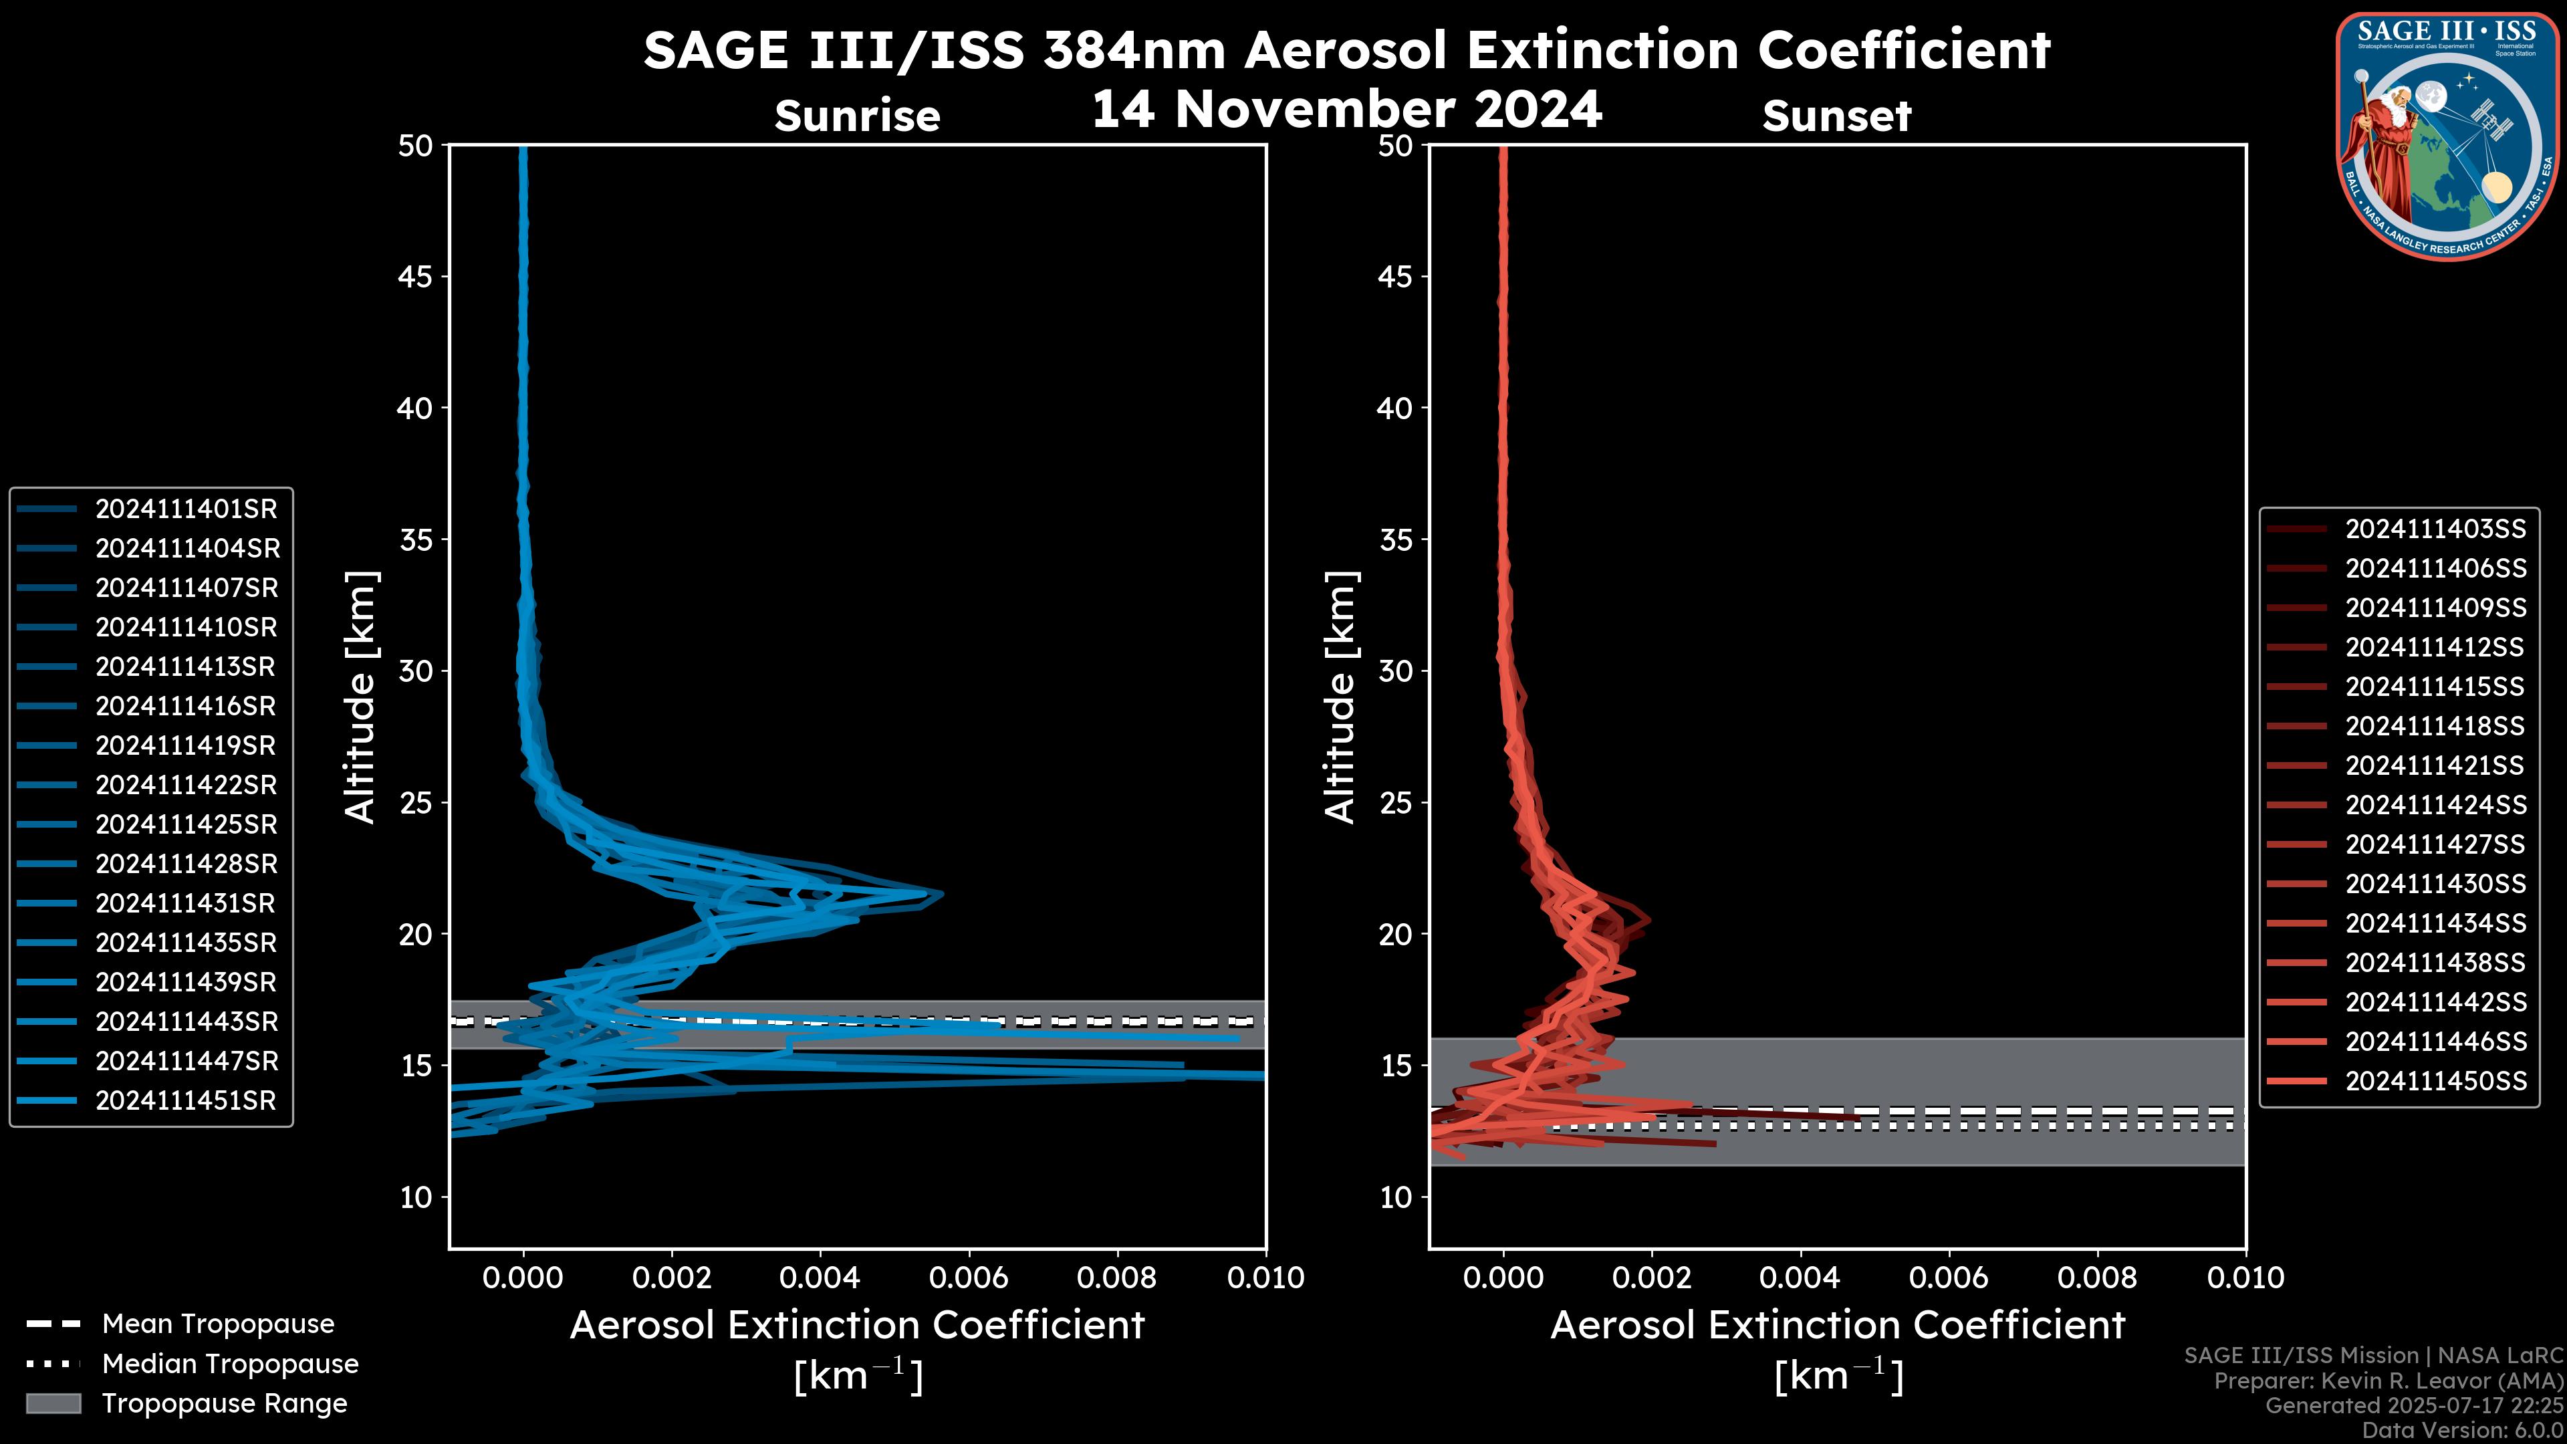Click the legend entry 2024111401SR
point(185,509)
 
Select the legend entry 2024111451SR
point(185,1101)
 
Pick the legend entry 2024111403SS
point(2435,529)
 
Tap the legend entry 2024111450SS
point(2435,1081)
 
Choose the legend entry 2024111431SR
point(185,904)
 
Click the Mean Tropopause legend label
point(218,1324)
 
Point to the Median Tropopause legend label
point(230,1364)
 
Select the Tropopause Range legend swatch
point(53,1404)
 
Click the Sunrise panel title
point(857,116)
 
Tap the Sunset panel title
point(1836,116)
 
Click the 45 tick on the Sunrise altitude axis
point(416,277)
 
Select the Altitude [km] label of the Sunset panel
point(1340,697)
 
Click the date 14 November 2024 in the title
point(1346,110)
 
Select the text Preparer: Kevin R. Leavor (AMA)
point(2389,1381)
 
